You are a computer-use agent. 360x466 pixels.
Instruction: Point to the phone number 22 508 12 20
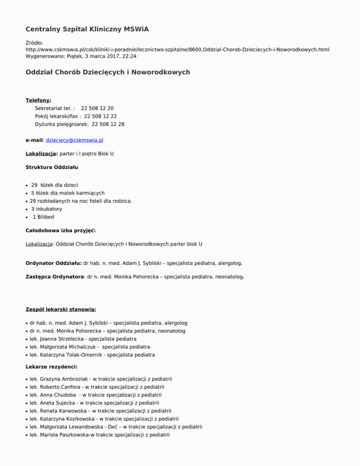(97, 108)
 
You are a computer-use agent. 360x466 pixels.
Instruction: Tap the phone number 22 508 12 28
(108, 124)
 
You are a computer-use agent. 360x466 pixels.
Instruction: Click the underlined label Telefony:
(38, 100)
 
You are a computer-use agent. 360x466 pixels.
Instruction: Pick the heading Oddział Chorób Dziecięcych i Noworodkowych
(108, 72)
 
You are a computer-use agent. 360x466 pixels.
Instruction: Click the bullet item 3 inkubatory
(46, 209)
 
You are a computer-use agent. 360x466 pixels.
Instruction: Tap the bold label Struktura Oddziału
(52, 167)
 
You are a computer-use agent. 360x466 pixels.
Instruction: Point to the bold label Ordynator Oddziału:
(54, 263)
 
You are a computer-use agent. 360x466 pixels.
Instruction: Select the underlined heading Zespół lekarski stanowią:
(61, 309)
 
